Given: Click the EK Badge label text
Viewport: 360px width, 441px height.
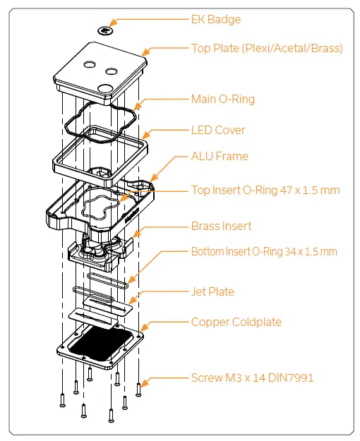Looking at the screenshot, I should click(216, 20).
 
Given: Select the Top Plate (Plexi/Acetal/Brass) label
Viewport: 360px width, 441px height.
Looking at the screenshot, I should click(267, 49).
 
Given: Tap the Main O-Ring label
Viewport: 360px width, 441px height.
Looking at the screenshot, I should click(223, 99).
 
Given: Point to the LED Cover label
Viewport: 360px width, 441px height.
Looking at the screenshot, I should click(218, 130).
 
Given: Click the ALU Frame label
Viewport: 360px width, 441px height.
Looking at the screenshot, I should click(220, 156).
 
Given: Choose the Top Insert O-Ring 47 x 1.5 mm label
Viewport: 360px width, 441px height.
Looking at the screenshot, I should click(265, 190).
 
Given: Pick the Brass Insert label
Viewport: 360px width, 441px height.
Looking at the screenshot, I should click(221, 226).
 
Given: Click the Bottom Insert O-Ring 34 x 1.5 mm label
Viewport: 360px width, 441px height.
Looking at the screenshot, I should click(264, 251).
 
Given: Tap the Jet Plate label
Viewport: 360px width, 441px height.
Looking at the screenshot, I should click(212, 291).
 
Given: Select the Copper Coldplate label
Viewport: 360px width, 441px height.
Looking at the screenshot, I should click(236, 322).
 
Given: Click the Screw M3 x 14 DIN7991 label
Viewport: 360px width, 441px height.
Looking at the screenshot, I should click(252, 378).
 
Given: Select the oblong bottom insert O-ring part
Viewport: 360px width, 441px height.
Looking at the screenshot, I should click(100, 282).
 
